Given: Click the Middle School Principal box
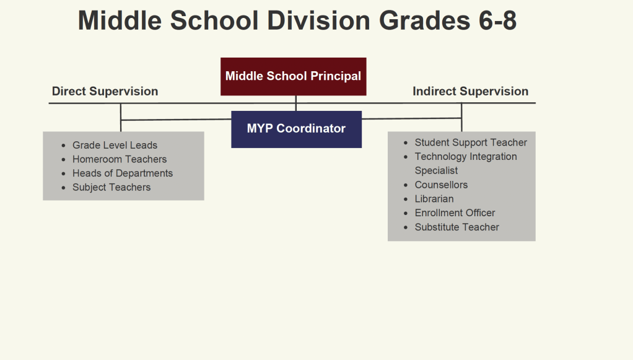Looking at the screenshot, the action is (x=294, y=76).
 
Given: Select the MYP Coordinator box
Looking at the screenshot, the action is (x=296, y=130).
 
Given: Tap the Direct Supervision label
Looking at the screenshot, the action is (x=105, y=91).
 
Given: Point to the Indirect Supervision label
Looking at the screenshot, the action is (x=470, y=91).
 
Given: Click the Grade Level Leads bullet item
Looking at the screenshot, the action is (x=115, y=145).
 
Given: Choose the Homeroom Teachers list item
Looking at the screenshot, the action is (x=120, y=159).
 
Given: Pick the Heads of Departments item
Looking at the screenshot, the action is (x=123, y=173).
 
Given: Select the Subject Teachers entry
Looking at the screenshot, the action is (x=111, y=188).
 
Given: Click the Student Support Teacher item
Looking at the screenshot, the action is (x=471, y=143).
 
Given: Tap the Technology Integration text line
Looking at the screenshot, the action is (x=466, y=157).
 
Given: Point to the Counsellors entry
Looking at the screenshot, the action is (x=441, y=185).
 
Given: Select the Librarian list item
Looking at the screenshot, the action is (x=434, y=199).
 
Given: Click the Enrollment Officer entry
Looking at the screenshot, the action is (x=455, y=213).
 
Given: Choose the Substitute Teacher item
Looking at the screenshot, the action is (x=457, y=227).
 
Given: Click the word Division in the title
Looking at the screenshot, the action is (x=318, y=20).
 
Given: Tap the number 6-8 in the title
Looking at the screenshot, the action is (x=498, y=20).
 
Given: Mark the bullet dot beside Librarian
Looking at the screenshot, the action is (x=406, y=199).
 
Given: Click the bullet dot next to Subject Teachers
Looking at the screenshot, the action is (x=63, y=188).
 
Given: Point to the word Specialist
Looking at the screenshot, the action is (x=437, y=170).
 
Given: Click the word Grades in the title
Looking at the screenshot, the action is (x=425, y=20).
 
